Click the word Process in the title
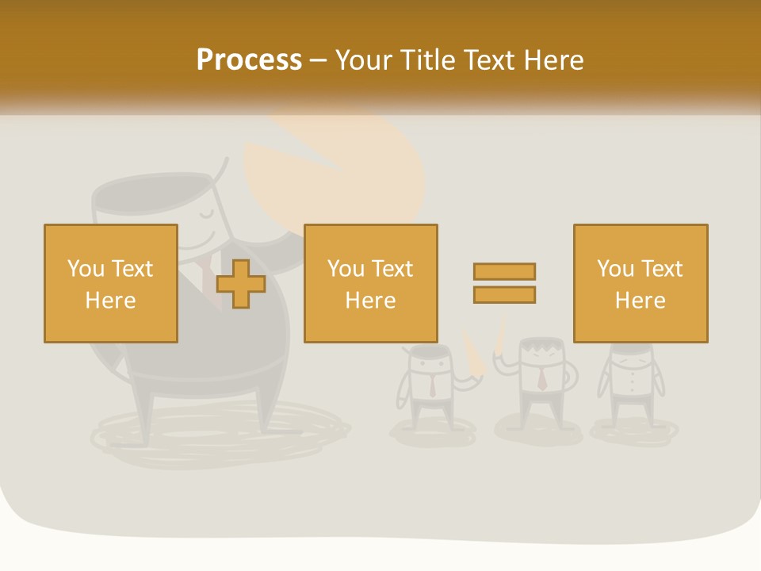click(249, 60)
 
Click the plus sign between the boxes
click(241, 284)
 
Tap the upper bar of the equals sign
click(504, 271)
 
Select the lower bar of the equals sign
click(504, 294)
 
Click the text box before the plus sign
click(110, 283)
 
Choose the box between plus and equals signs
click(370, 283)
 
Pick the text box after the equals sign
click(640, 283)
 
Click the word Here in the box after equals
click(640, 301)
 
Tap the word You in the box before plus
click(86, 269)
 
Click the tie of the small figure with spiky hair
click(541, 380)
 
